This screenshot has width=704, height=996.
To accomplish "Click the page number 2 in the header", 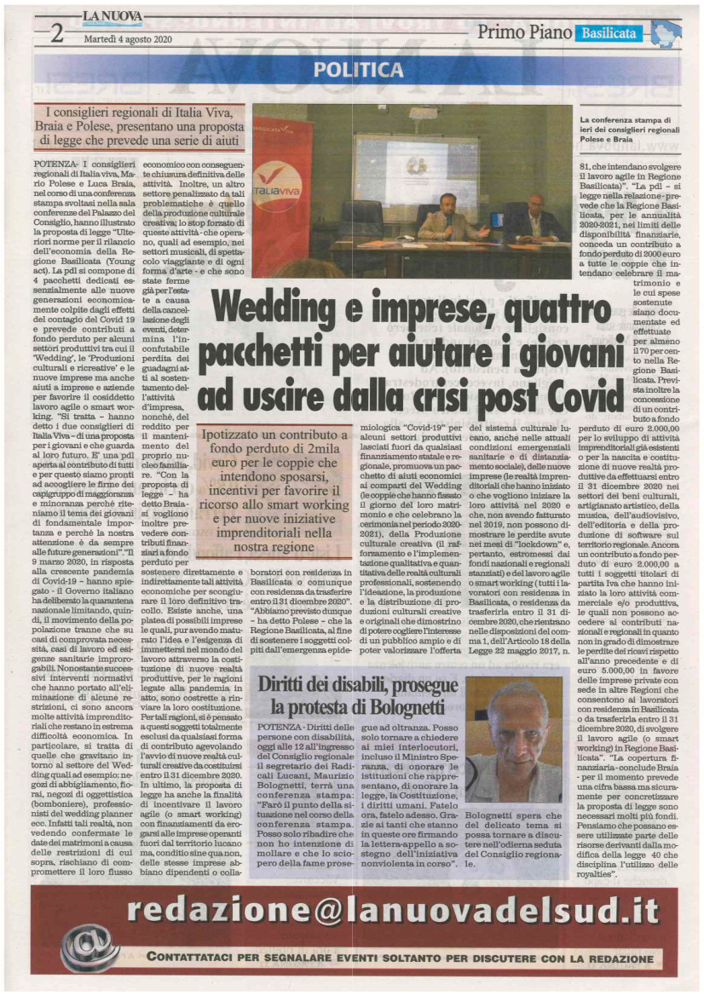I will point(56,33).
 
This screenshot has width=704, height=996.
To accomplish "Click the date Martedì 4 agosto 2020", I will point(127,38).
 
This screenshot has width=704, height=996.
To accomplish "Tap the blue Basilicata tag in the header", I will point(609,33).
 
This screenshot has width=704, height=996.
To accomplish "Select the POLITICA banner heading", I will point(351,68).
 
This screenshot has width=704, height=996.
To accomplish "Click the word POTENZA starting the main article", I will point(79,161).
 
